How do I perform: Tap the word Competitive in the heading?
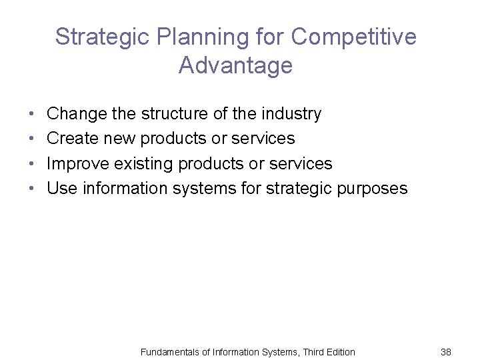coord(353,37)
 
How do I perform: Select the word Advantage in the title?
coord(235,65)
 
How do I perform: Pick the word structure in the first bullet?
coord(175,114)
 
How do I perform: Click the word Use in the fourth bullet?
coord(62,189)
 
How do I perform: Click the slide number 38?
coord(446,351)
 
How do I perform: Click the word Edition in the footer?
coord(339,351)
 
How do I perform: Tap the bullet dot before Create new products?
coord(33,139)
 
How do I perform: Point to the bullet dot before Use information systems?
coord(33,189)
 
